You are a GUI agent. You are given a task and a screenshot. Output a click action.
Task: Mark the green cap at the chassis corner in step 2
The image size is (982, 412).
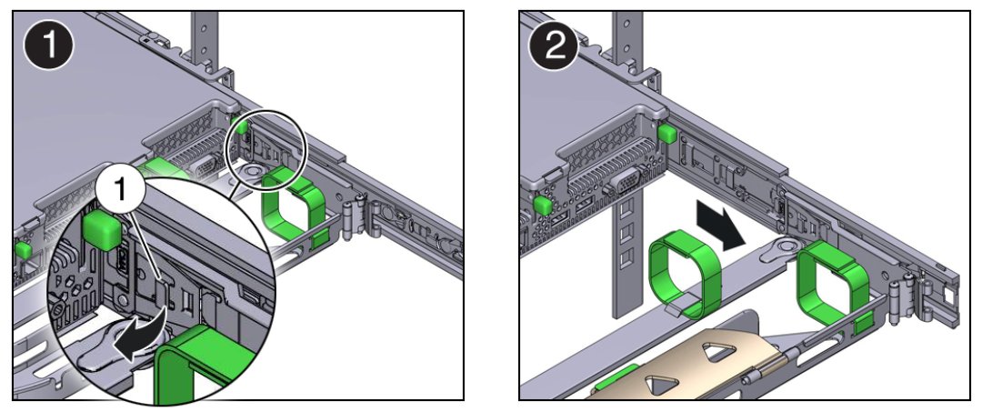click(x=668, y=134)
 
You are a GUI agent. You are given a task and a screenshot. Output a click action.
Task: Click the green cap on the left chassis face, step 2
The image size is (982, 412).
click(x=545, y=205)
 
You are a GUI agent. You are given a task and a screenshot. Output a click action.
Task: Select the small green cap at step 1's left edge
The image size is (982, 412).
click(x=25, y=247)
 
